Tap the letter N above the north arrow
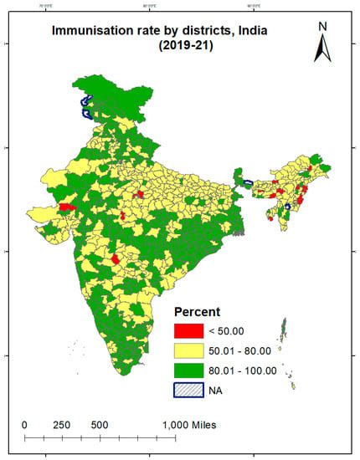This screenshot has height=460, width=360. point(321,26)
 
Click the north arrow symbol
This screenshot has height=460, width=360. point(321,49)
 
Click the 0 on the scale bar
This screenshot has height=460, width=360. point(24,425)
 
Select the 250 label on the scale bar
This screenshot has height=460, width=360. point(61,425)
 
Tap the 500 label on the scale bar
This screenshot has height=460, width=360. point(99,425)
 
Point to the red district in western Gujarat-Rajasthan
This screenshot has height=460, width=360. point(67,205)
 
